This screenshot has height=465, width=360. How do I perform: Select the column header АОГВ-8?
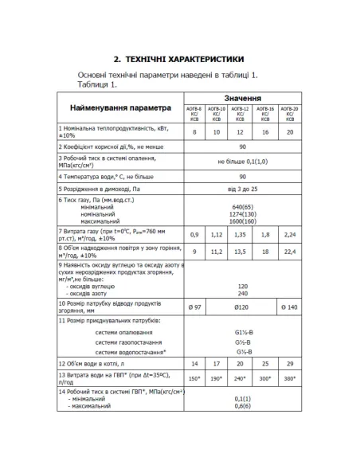tap(194, 112)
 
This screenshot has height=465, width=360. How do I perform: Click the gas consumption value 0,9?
tap(194, 235)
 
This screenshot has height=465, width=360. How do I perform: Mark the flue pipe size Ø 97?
tap(194, 305)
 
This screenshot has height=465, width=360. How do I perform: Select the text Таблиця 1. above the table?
tap(97, 84)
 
